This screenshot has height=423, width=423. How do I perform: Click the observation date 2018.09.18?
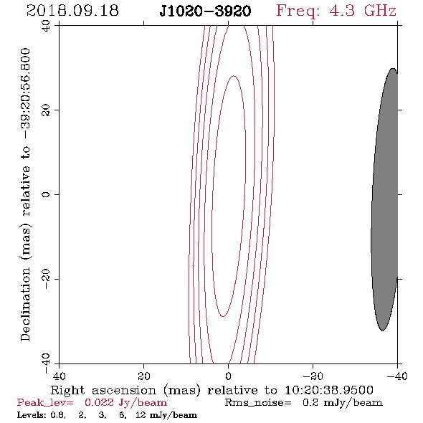tap(72, 11)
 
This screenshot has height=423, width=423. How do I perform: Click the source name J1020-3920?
tap(205, 11)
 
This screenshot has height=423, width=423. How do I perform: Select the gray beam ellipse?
tap(384, 199)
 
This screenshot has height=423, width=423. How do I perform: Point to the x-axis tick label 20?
tap(144, 376)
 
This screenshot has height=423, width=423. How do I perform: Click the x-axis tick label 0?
tap(228, 376)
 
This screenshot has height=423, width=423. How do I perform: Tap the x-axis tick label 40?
tap(59, 376)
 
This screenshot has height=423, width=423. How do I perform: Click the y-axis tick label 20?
tap(46, 110)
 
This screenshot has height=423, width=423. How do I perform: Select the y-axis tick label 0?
tap(46, 194)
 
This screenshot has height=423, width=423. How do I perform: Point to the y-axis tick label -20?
tap(46, 279)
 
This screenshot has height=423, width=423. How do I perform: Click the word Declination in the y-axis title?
tap(25, 304)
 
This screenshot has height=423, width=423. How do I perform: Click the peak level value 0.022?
tap(99, 403)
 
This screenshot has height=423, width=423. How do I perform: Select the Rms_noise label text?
tap(258, 403)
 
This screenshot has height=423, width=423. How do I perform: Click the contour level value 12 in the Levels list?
tap(141, 415)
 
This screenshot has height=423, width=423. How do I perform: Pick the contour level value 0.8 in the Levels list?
tap(58, 415)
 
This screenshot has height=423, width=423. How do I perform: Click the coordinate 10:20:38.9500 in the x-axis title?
tap(329, 390)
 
